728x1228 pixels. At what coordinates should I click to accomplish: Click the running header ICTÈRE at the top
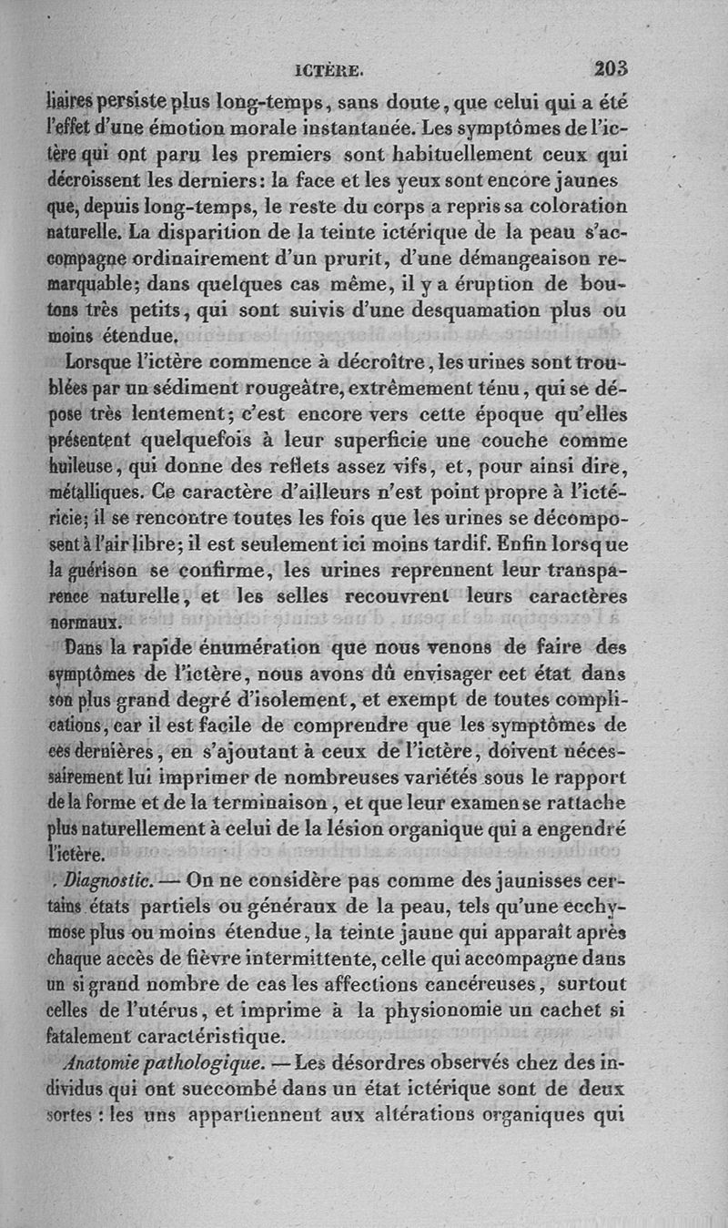click(330, 68)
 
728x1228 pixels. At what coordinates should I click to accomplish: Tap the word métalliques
click(90, 493)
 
